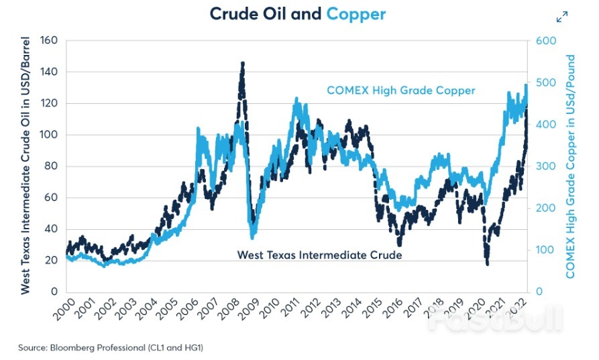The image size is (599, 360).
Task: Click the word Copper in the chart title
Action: [x=356, y=13]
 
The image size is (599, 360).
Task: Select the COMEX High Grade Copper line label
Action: [x=401, y=91]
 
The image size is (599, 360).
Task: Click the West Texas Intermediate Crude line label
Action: [x=319, y=255]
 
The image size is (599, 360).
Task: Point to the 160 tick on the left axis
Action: [x=50, y=40]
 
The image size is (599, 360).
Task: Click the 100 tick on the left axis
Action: [x=50, y=135]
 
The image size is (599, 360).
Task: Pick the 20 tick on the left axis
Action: [x=52, y=260]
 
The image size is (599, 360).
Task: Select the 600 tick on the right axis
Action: [x=545, y=40]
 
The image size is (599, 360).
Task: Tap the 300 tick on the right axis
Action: [x=545, y=166]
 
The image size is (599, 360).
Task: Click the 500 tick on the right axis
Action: [x=545, y=82]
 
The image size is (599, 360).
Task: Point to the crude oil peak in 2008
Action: [x=242, y=63]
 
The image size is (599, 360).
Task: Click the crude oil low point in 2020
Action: [x=487, y=263]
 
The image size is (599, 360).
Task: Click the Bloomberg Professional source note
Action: [x=111, y=347]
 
